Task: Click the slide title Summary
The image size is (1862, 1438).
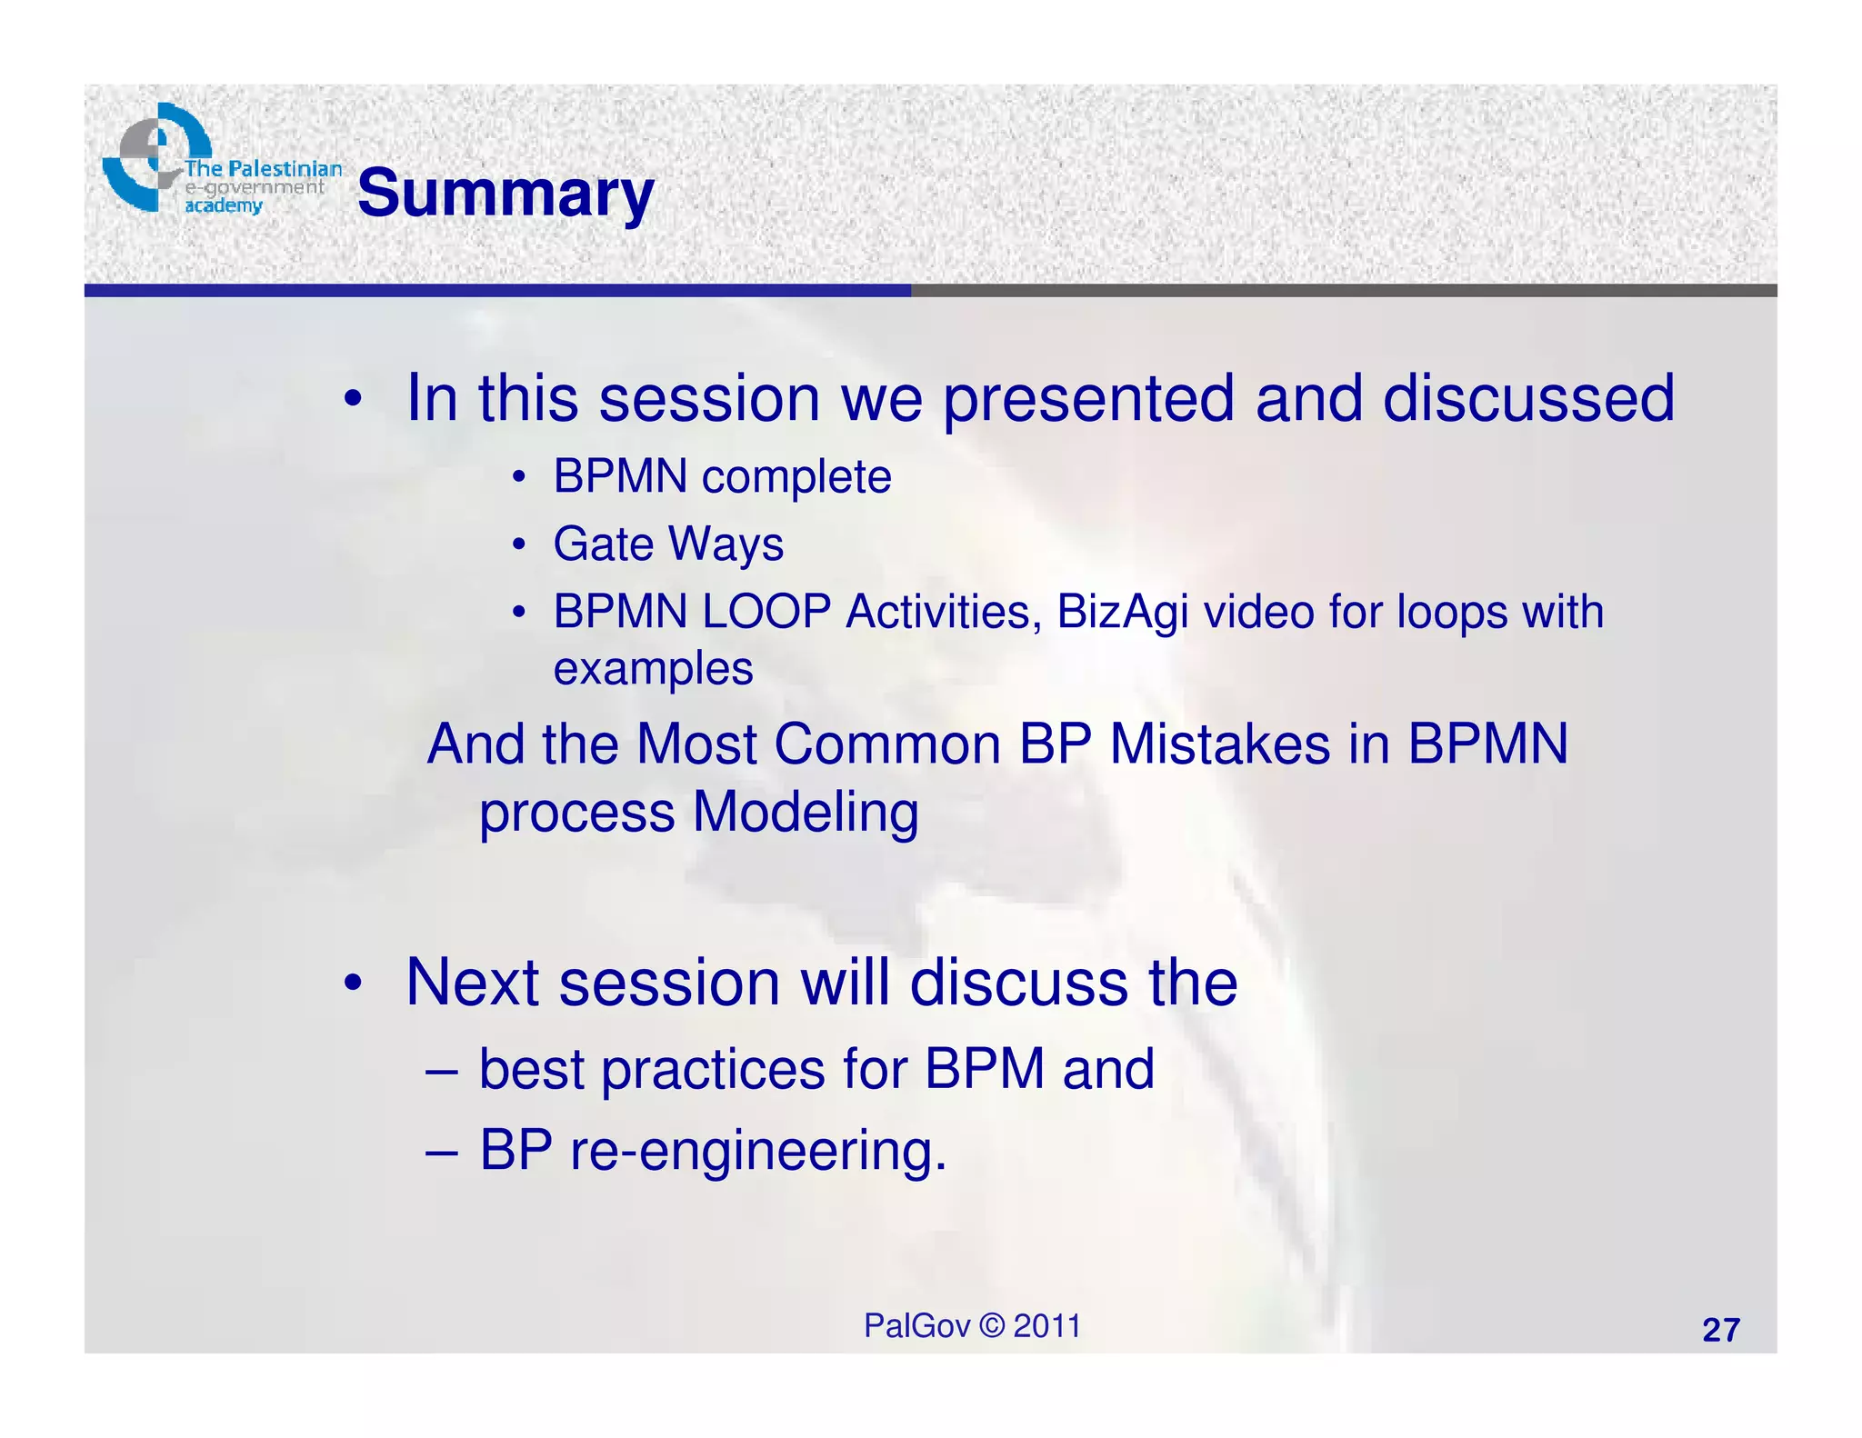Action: click(x=506, y=194)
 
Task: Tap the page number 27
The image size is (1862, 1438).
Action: click(x=1720, y=1331)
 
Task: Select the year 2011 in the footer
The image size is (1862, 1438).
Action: click(x=1046, y=1326)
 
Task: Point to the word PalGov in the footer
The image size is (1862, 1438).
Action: click(x=916, y=1326)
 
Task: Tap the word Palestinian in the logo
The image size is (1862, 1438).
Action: click(x=285, y=169)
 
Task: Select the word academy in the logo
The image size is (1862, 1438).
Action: click(x=224, y=206)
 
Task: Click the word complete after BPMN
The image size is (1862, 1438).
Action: click(x=796, y=477)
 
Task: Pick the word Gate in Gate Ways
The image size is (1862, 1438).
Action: click(x=603, y=544)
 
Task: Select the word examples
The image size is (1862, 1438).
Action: click(x=653, y=670)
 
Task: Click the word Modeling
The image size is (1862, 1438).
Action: click(x=805, y=812)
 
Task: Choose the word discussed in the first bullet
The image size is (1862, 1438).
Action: click(x=1528, y=399)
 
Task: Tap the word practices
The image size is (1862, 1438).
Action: click(x=713, y=1069)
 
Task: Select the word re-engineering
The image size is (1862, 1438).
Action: click(x=757, y=1151)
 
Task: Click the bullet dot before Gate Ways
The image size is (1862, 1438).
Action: click(x=518, y=544)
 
